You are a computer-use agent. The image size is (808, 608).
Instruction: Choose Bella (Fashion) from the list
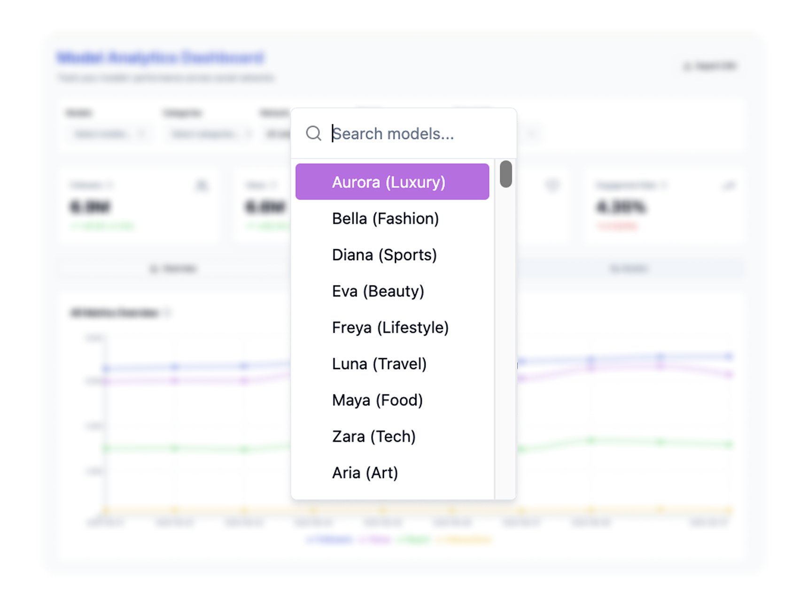tap(385, 218)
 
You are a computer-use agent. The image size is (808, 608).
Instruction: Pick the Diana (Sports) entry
tap(384, 255)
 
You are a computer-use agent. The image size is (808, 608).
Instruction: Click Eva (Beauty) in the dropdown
tap(378, 291)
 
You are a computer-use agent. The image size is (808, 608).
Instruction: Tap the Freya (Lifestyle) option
tap(390, 327)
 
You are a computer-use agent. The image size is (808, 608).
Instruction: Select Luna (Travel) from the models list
tap(379, 364)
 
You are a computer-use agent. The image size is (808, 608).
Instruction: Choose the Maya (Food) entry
tap(377, 400)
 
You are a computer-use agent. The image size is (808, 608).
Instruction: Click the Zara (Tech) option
tap(373, 436)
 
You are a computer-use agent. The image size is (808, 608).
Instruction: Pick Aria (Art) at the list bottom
tap(365, 472)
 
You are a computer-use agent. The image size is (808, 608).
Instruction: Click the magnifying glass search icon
tap(313, 133)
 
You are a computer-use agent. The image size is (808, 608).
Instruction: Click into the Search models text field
tap(413, 134)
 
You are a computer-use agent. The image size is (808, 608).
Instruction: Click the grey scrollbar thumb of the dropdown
tap(505, 174)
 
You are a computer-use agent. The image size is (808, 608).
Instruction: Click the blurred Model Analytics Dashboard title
tap(161, 58)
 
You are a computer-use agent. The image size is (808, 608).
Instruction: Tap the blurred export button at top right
tap(710, 66)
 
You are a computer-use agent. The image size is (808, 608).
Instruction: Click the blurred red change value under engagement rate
tap(617, 226)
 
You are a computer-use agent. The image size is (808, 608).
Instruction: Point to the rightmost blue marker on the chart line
tap(729, 356)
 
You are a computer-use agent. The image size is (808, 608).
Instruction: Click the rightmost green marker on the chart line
tap(729, 444)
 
